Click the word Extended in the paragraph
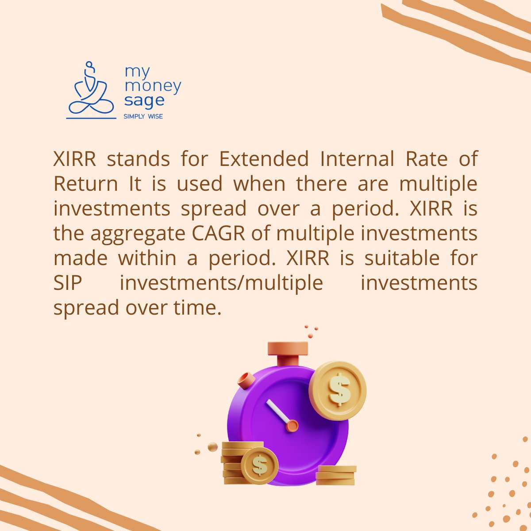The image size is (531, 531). pyautogui.click(x=264, y=159)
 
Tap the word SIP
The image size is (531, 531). pyautogui.click(x=68, y=283)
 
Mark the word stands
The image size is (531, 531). pyautogui.click(x=138, y=159)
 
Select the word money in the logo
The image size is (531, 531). pyautogui.click(x=153, y=86)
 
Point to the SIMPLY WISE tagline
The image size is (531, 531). pyautogui.click(x=143, y=116)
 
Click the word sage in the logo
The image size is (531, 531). pyautogui.click(x=144, y=101)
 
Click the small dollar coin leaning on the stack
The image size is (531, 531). pyautogui.click(x=260, y=465)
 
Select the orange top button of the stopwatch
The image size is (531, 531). pyautogui.click(x=288, y=348)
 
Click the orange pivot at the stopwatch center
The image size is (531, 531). pyautogui.click(x=292, y=426)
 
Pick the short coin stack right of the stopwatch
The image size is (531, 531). pyautogui.click(x=336, y=475)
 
